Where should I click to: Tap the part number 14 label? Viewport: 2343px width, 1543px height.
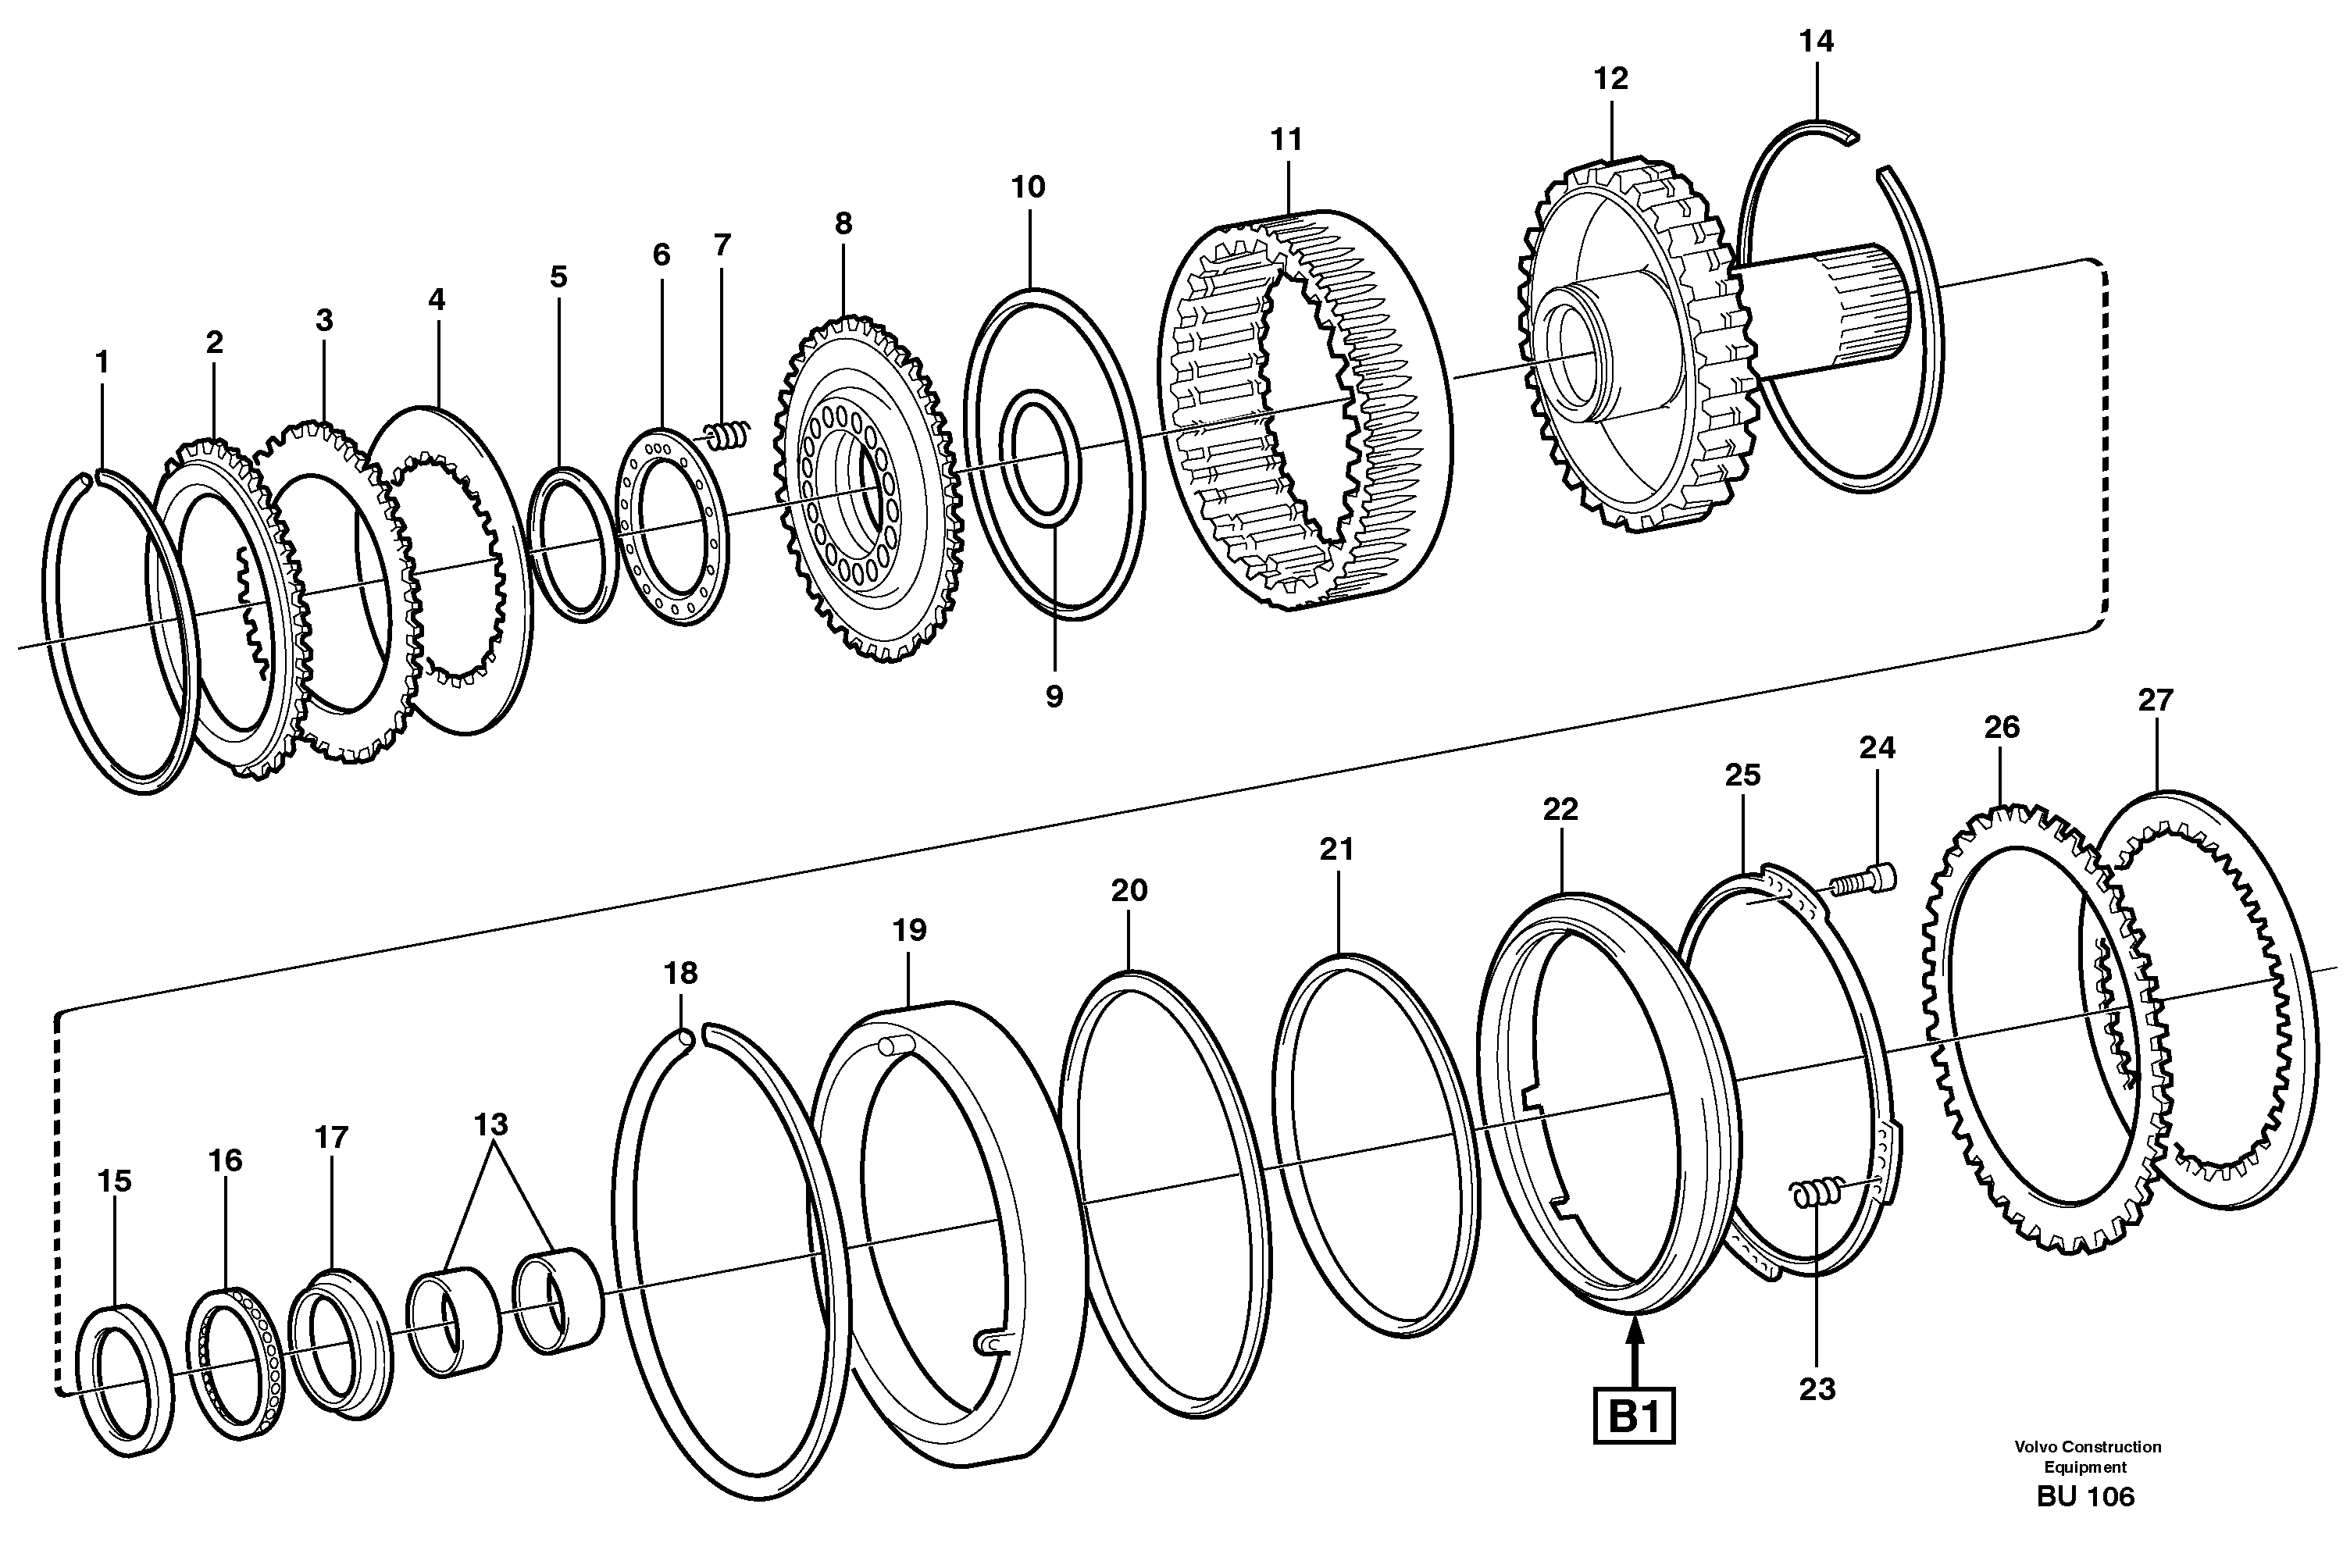click(1817, 41)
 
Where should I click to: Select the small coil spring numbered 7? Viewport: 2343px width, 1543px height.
click(729, 435)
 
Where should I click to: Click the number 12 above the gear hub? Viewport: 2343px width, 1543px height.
click(1610, 79)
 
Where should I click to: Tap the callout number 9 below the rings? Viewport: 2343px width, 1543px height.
click(1054, 697)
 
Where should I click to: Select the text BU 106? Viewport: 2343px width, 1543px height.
click(2085, 1497)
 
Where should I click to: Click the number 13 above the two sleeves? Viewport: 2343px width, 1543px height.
click(491, 1124)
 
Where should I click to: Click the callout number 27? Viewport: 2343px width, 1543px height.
click(2155, 700)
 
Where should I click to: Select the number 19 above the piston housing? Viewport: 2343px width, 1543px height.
click(910, 930)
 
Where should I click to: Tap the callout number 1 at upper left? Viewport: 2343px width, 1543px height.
click(102, 363)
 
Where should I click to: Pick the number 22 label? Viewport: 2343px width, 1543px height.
click(1560, 809)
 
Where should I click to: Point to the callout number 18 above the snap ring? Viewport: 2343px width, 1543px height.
click(680, 973)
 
